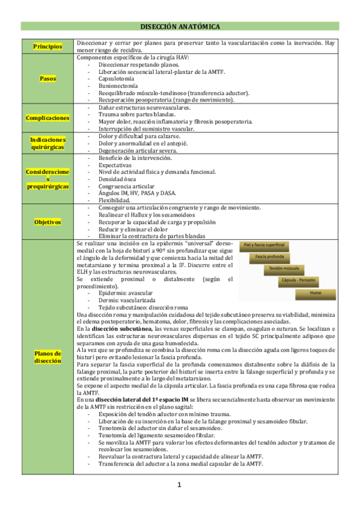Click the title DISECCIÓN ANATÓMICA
click(180, 27)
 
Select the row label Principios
click(47, 46)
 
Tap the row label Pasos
click(47, 79)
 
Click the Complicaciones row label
click(47, 118)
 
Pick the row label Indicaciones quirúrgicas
click(47, 143)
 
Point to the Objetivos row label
click(47, 222)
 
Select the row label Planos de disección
click(47, 357)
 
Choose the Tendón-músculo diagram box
click(284, 269)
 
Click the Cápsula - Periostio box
click(299, 280)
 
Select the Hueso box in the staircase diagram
click(316, 293)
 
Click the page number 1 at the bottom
click(179, 485)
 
